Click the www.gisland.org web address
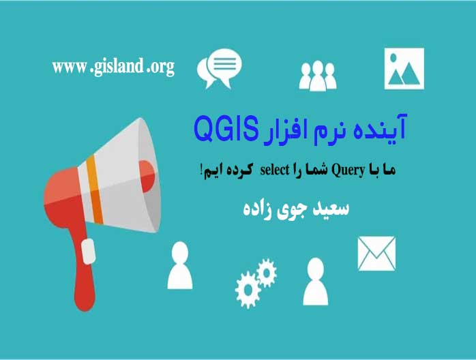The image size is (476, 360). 113,67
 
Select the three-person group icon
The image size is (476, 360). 318,76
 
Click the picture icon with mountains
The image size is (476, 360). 404,69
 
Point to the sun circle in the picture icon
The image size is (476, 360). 393,58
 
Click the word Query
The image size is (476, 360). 348,170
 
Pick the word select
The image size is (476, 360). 275,170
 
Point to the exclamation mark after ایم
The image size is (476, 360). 202,169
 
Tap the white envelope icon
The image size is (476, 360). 376,254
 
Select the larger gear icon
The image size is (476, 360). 248,290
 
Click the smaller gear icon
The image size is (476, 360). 267,273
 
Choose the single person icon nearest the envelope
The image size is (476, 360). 316,282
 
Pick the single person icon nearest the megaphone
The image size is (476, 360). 180,265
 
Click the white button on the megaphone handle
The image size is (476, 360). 89,251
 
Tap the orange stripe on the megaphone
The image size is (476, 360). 94,190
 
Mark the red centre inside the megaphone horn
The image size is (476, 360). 147,177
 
